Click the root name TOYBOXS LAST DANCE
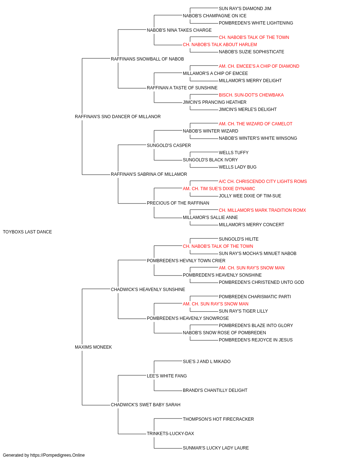pos(27,232)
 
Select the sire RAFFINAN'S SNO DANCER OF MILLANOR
pos(118,117)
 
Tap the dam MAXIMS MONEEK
pos(93,347)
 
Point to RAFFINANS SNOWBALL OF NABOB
pos(147,59)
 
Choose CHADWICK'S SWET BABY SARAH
pos(146,405)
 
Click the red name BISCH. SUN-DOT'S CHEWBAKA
pos(251,95)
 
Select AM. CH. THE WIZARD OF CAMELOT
pos(256,124)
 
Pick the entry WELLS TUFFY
pos(234,153)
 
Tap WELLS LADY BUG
pos(238,167)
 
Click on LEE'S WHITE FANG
pos(167,376)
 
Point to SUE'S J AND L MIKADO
pos(207,362)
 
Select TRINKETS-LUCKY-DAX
pos(170,434)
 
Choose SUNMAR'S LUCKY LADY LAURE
pos(216,448)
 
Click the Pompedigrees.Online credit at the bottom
pos(44,455)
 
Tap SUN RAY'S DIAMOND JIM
pos(245,9)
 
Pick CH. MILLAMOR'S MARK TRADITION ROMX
pos(262,210)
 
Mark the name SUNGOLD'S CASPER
pos(169,146)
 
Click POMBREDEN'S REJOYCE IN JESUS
pos(256,340)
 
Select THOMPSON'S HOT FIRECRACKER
pos(219,419)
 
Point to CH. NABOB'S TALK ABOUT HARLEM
pos(220,45)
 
